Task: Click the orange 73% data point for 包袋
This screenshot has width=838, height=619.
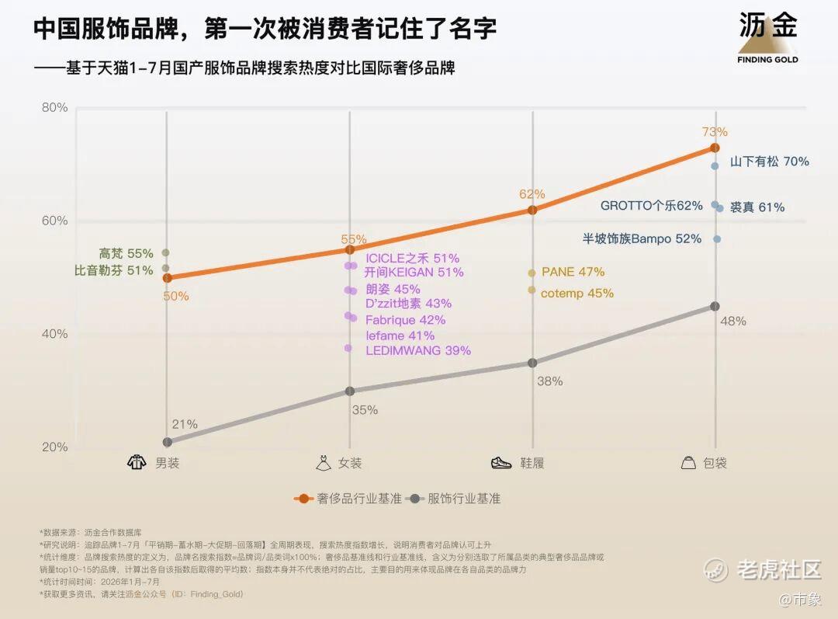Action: (x=715, y=148)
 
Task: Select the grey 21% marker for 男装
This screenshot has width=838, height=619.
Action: (x=168, y=442)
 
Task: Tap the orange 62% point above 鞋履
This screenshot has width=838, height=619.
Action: (x=532, y=210)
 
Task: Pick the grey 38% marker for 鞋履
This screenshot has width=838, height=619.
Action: (x=532, y=363)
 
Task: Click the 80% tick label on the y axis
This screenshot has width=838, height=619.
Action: (x=55, y=107)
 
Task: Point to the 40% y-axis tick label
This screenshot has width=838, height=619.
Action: (x=55, y=334)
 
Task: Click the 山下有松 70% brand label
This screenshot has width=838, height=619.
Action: (x=770, y=161)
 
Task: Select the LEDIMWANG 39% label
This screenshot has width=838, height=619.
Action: (x=418, y=350)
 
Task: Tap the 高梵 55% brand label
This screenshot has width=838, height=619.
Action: (x=126, y=253)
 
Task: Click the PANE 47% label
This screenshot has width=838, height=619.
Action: (x=573, y=272)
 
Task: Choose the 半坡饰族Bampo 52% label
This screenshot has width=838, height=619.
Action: (x=642, y=238)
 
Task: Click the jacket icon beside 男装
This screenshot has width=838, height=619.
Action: (x=137, y=462)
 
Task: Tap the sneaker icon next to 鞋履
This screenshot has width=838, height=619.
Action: (x=501, y=463)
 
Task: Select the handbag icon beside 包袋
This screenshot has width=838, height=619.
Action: (x=689, y=462)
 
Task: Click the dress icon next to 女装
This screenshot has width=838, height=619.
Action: (x=324, y=463)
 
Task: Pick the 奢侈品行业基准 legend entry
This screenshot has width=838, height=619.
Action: (x=348, y=499)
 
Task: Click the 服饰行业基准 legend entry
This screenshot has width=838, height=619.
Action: (x=453, y=499)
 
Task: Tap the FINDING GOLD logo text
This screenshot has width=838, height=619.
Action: (x=767, y=59)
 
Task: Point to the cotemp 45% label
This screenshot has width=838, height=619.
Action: (x=577, y=293)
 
